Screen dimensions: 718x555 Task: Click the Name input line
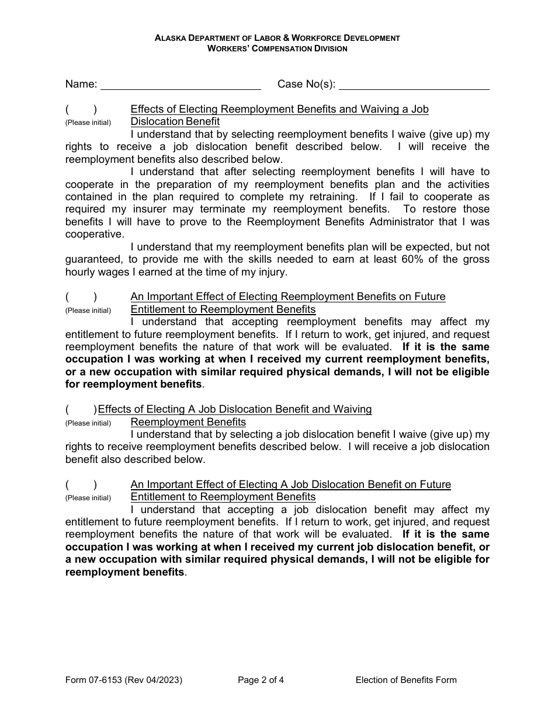(x=181, y=85)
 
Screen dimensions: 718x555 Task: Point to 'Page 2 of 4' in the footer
(x=261, y=679)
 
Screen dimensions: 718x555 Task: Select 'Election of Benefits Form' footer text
(x=406, y=679)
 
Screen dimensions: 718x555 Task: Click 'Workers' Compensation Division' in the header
(x=277, y=48)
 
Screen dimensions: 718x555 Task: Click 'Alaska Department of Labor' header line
(x=277, y=38)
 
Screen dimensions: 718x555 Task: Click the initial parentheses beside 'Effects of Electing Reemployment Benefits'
(x=81, y=109)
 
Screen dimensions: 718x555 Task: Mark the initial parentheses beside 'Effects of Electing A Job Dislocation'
(x=81, y=409)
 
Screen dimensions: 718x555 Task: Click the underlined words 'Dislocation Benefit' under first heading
(x=175, y=121)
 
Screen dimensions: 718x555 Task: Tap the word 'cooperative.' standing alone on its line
(x=95, y=234)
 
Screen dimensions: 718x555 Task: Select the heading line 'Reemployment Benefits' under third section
(x=188, y=422)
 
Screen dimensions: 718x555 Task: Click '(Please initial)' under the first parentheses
(x=88, y=123)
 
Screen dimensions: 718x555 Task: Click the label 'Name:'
(x=81, y=84)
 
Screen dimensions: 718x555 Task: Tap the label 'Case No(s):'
(x=306, y=84)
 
